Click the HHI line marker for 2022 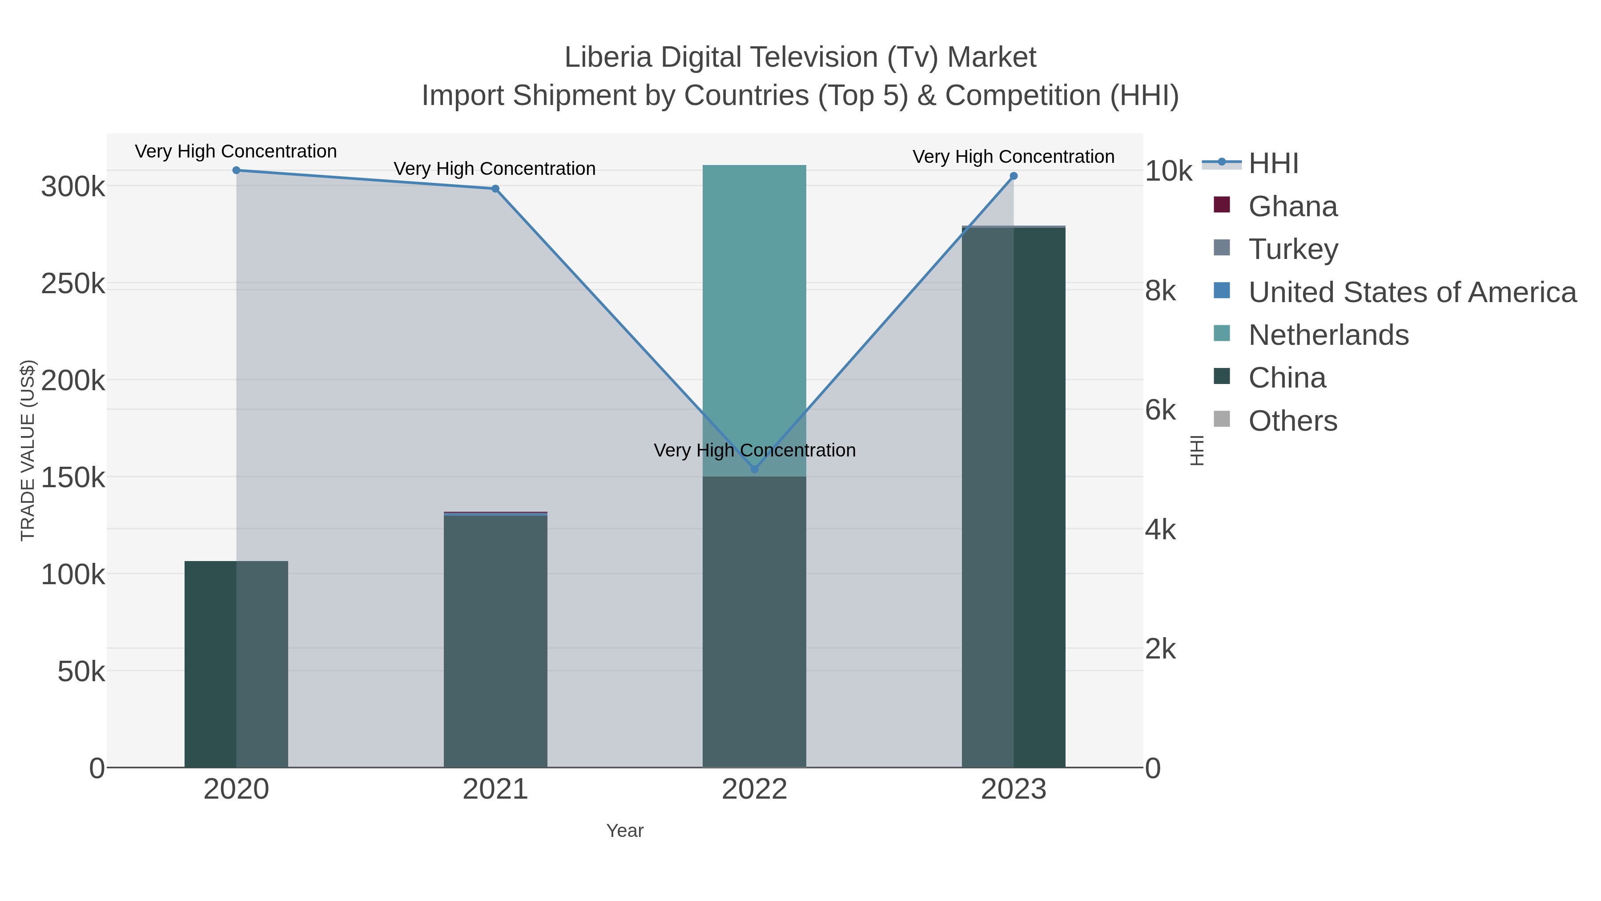755,469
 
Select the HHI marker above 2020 236,170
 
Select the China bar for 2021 495,640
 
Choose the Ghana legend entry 1293,206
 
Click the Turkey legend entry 1293,249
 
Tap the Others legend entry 1293,421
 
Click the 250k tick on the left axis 73,284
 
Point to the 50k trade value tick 81,671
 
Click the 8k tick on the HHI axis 1160,291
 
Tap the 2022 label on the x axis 755,790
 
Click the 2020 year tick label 236,790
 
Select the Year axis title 625,831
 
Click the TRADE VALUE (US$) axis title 28,450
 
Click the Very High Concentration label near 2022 755,450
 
